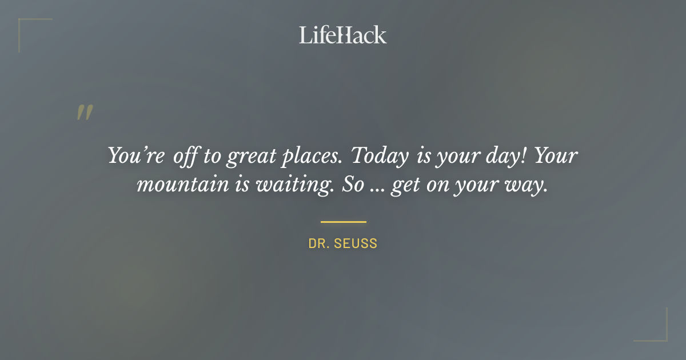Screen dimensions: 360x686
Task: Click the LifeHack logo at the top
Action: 342,35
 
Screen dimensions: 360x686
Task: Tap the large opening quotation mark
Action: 85,113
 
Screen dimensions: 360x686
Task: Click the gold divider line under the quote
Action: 343,222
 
